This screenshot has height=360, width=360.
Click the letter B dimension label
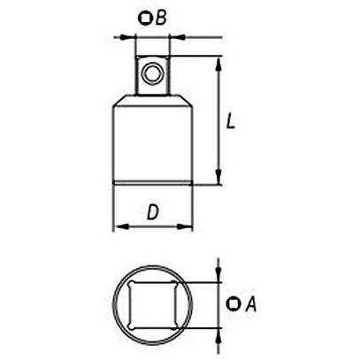161,18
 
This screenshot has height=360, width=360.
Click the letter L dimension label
231,121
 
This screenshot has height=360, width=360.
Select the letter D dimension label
153,212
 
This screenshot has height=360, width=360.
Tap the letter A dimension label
251,304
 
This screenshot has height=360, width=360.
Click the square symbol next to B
145,19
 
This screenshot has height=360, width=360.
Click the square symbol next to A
234,303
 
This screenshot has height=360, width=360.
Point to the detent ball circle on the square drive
152,73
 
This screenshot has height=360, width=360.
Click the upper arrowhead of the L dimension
218,65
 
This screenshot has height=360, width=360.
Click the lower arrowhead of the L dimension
218,177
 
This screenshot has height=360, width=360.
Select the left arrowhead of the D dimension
121,226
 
